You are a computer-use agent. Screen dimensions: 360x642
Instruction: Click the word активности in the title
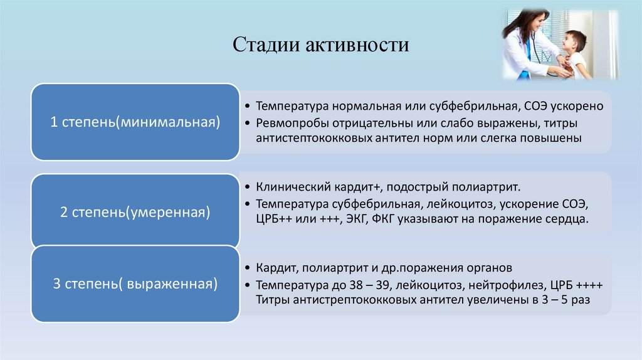point(357,45)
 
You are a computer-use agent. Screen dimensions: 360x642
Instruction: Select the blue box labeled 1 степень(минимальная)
point(135,122)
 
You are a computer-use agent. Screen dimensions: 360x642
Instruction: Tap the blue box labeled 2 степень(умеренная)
point(134,212)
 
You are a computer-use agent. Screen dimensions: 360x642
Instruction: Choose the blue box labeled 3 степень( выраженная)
point(135,284)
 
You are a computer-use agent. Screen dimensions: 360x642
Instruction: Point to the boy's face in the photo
point(572,44)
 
